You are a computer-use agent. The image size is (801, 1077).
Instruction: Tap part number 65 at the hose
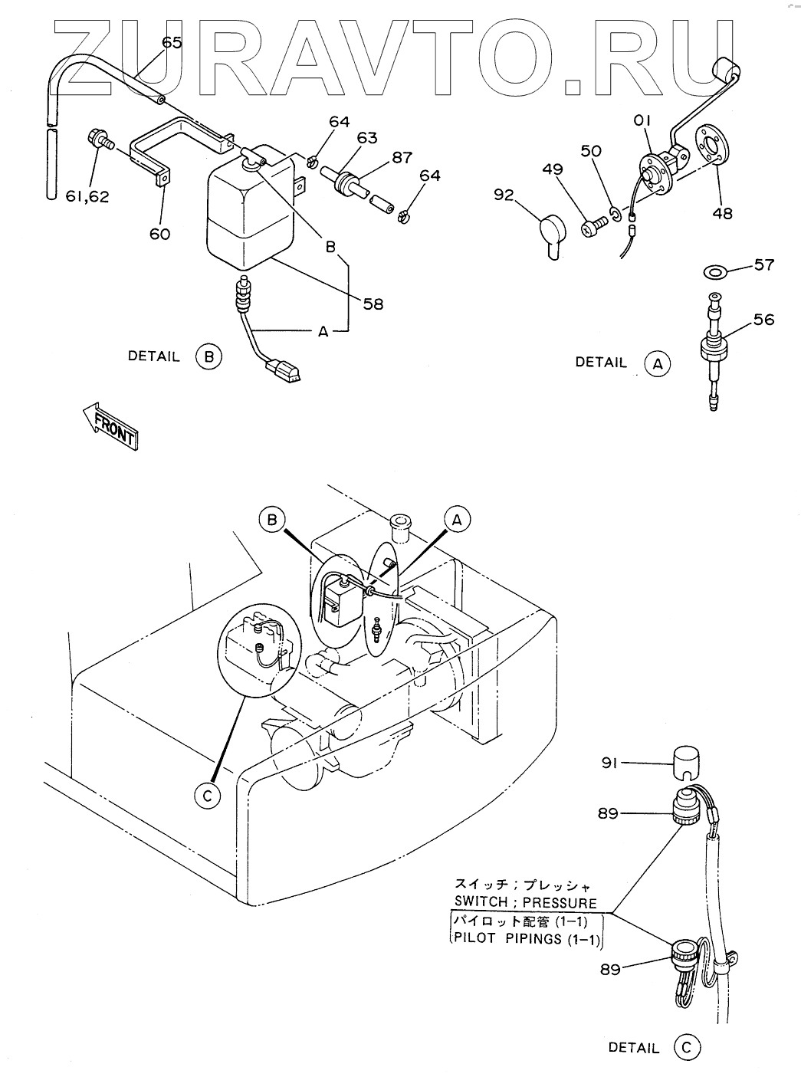(x=172, y=43)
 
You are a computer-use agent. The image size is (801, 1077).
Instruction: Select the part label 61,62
(x=87, y=196)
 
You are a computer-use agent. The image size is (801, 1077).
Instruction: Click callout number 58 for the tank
(x=374, y=304)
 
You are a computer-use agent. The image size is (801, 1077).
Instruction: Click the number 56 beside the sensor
(x=763, y=320)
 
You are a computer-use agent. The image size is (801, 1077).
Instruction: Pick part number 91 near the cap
(x=609, y=763)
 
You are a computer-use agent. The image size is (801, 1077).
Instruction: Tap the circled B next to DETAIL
(x=208, y=356)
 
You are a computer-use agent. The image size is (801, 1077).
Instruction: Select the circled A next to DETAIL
(x=657, y=363)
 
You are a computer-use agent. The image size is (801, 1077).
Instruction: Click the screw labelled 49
(x=595, y=226)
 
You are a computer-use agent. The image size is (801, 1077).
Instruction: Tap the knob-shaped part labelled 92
(x=550, y=233)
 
